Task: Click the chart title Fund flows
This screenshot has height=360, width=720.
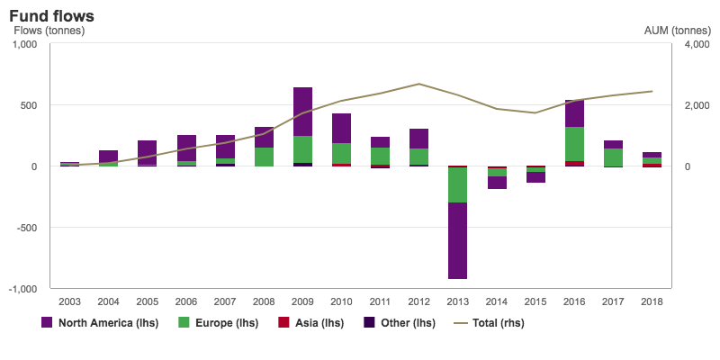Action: pos(51,16)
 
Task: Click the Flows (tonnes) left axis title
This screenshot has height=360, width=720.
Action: pos(49,31)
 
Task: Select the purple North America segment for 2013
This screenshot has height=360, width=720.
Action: pos(458,240)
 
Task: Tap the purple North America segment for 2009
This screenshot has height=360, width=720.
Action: pos(303,112)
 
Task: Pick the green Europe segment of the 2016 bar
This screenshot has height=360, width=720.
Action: pos(574,144)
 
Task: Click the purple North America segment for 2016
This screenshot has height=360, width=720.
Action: pos(574,113)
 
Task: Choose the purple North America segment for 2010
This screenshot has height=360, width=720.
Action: pos(342,128)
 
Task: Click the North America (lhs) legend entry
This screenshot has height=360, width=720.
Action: pos(99,322)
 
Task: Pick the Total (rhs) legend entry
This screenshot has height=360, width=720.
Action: pos(490,322)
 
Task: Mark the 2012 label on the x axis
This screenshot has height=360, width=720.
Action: pos(418,301)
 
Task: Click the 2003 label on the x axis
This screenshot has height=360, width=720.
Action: pos(70,301)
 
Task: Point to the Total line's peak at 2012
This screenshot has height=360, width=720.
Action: pos(419,84)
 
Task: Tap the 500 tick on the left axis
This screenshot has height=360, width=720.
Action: pos(30,105)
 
